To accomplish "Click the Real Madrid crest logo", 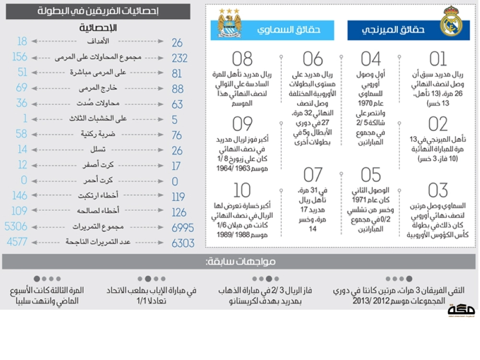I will click(451, 22).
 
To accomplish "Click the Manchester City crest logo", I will click(229, 23).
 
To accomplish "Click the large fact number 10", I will click(242, 191).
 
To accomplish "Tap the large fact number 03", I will click(438, 191).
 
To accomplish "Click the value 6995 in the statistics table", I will click(183, 228).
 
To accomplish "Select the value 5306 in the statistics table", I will click(16, 227).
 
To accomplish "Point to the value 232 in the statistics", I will click(180, 59).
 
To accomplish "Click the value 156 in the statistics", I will click(20, 57).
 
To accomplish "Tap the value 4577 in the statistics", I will click(17, 242).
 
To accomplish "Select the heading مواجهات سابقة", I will click(240, 262).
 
